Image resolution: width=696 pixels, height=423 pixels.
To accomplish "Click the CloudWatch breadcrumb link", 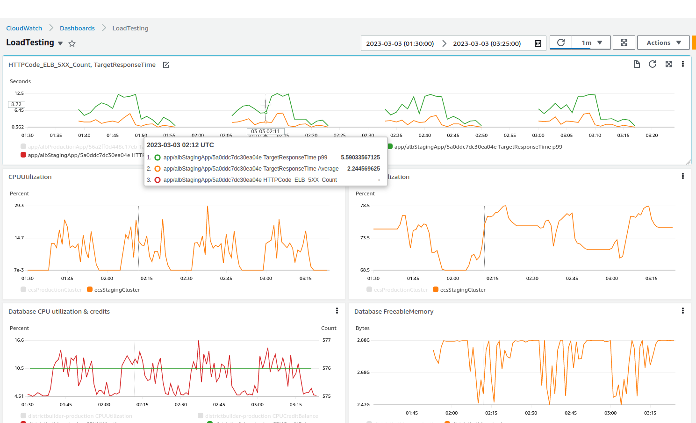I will tap(24, 28).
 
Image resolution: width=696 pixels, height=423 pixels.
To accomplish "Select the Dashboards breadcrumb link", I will tap(77, 28).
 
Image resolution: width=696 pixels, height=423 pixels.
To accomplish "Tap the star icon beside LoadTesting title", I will tap(72, 43).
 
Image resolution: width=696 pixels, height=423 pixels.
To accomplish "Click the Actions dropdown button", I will tap(663, 43).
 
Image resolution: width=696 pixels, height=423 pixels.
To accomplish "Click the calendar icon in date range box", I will tap(538, 43).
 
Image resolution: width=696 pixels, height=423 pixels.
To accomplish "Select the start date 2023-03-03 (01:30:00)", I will tap(400, 43).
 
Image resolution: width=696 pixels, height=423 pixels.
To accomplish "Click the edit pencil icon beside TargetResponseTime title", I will tap(166, 65).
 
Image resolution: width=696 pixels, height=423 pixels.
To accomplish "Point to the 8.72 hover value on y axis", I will tap(16, 104).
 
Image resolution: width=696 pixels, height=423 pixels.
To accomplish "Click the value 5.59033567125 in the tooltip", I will tap(360, 158).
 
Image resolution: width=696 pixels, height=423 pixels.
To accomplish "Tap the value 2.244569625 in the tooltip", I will tap(363, 169).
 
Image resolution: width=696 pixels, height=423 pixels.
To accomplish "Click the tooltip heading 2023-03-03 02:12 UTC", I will tap(180, 145).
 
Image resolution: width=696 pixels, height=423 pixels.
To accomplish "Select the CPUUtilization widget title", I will tap(30, 177).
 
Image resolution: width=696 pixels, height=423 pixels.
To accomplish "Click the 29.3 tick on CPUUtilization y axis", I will tap(19, 206).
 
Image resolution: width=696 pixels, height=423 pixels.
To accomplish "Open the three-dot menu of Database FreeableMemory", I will tap(682, 311).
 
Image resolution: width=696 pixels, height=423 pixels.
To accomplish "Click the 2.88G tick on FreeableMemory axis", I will tap(363, 340).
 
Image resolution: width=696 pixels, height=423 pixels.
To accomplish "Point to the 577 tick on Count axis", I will tap(326, 340).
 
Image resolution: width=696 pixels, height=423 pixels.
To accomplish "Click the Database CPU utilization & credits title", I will tap(59, 311).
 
